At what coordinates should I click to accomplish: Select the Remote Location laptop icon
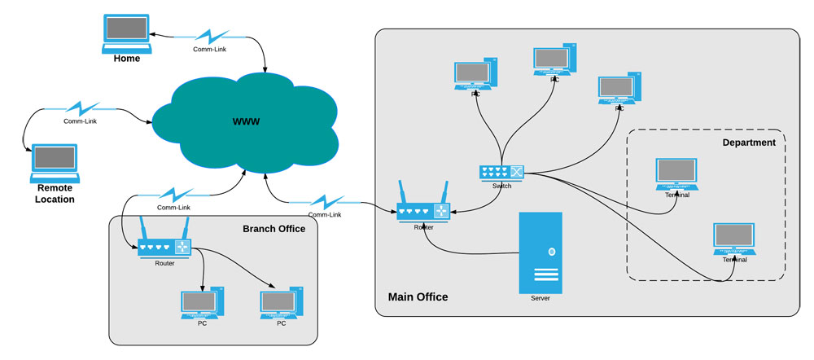[x=55, y=163]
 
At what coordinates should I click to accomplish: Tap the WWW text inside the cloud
[x=246, y=121]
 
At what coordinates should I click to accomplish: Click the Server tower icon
[x=540, y=252]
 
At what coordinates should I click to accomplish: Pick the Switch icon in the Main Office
[x=501, y=172]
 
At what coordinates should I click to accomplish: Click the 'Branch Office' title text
[x=274, y=229]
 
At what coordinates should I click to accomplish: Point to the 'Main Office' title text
[x=418, y=297]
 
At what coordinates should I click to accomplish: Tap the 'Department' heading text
[x=749, y=143]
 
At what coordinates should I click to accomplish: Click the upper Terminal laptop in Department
[x=676, y=174]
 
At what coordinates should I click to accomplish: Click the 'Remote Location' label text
[x=55, y=193]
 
